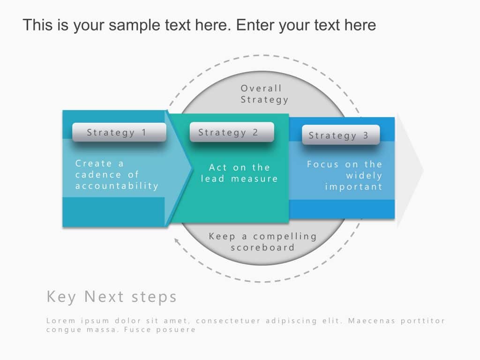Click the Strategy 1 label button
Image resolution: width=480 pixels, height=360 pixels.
[119, 133]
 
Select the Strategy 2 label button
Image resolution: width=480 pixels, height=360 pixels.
[232, 132]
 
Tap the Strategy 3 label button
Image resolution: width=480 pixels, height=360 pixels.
[341, 135]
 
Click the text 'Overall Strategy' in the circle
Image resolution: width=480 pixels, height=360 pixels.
[264, 94]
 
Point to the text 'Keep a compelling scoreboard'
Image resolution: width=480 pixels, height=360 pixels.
[262, 242]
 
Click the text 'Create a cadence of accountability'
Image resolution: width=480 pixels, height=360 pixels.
[117, 175]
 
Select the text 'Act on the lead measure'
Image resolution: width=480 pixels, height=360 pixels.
[239, 173]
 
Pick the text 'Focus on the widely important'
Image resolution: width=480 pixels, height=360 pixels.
[345, 176]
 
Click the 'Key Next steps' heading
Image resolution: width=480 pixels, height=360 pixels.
[112, 297]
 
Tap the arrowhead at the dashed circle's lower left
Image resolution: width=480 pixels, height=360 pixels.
[176, 241]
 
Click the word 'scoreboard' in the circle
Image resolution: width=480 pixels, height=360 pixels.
[262, 247]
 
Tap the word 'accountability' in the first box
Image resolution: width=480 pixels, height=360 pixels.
[117, 186]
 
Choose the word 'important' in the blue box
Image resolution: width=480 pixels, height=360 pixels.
[354, 187]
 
